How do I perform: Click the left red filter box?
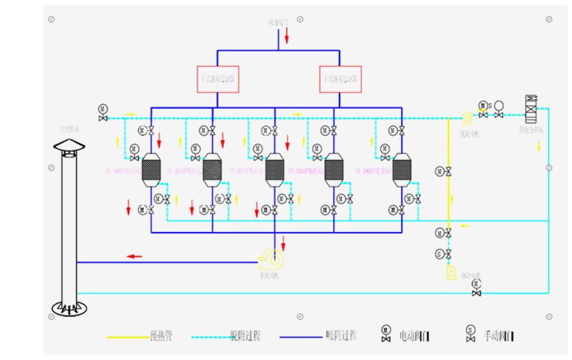tap(218, 79)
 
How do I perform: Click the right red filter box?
tap(341, 79)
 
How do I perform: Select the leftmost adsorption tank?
tap(149, 169)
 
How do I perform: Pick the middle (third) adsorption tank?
tap(274, 169)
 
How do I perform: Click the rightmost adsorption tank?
tap(401, 169)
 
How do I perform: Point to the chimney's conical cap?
tap(69, 146)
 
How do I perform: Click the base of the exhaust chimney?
tap(69, 307)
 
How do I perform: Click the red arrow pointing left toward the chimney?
tap(134, 257)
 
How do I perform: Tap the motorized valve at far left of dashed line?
tap(103, 112)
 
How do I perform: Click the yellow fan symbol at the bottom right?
tap(451, 273)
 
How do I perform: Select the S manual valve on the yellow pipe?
tap(443, 254)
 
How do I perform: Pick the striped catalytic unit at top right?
tap(530, 107)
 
